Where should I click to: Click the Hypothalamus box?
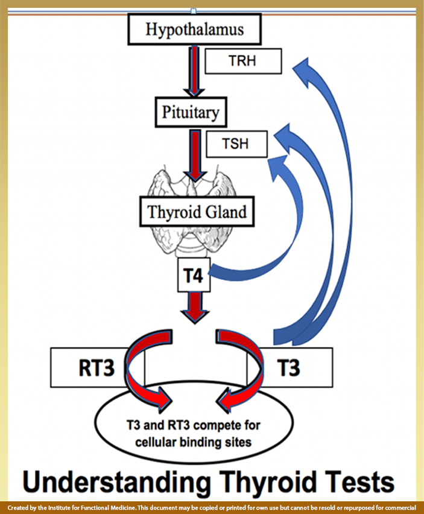click(194, 28)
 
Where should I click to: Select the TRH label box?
click(242, 62)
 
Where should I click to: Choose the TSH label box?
click(236, 145)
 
